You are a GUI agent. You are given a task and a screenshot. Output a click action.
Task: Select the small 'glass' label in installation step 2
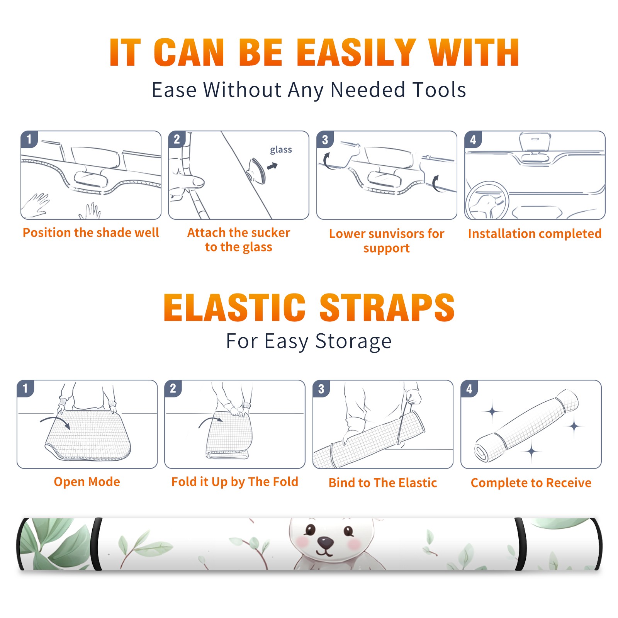(x=281, y=149)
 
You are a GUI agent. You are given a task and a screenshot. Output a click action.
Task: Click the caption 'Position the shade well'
(x=91, y=233)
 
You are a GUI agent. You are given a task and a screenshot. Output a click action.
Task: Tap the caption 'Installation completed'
(x=535, y=234)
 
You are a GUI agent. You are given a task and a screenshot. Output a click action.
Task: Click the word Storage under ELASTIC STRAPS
(x=353, y=341)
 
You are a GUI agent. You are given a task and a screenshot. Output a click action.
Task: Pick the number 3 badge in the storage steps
(x=321, y=389)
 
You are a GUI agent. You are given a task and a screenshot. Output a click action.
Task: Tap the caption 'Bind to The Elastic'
(x=383, y=483)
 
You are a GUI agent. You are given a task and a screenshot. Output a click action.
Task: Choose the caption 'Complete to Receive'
(x=531, y=483)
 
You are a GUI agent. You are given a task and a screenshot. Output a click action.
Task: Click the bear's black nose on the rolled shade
(x=325, y=542)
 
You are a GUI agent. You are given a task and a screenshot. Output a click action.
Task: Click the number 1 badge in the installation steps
(x=29, y=139)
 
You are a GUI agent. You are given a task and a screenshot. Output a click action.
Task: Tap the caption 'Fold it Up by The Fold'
(x=235, y=482)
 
